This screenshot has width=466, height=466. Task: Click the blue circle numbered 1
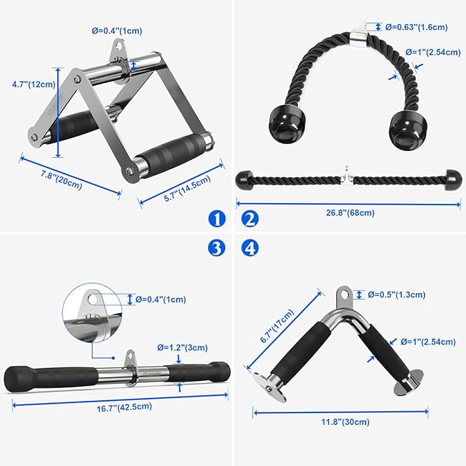217,219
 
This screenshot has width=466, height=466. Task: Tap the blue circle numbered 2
250,219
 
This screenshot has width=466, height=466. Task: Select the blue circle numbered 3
217,248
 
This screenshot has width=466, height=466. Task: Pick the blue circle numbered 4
250,248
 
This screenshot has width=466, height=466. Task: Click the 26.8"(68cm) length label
350,212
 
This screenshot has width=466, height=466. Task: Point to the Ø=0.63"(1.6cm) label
416,27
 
